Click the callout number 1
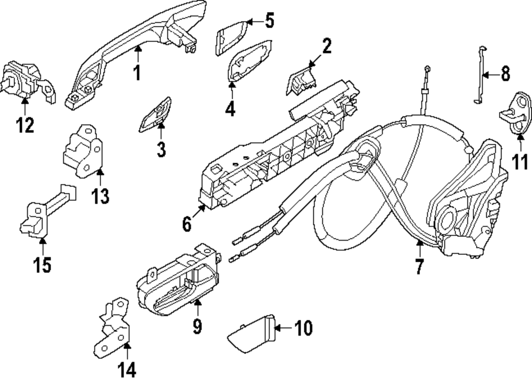(137, 73)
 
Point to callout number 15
(43, 264)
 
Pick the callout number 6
(186, 225)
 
